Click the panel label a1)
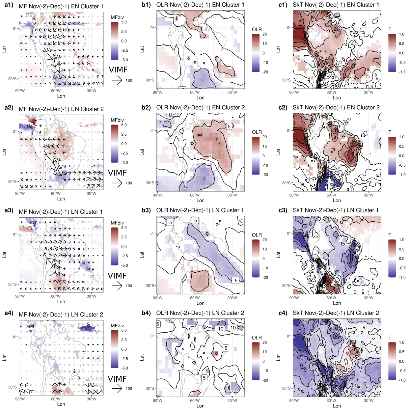(x=9, y=5)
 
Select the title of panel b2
(x=200, y=107)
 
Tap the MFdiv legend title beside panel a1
(x=117, y=17)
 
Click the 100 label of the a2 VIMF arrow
(x=129, y=183)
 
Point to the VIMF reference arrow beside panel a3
(x=117, y=286)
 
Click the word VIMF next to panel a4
(x=117, y=379)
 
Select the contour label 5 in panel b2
(x=229, y=126)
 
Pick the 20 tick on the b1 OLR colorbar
(x=264, y=34)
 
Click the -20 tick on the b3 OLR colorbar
(x=265, y=278)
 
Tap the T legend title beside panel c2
(x=390, y=132)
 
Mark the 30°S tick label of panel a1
(x=12, y=79)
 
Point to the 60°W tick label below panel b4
(x=195, y=401)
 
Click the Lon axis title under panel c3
(x=337, y=303)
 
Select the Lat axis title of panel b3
(x=142, y=255)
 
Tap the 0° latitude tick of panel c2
(x=288, y=131)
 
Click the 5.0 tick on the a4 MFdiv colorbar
(x=124, y=330)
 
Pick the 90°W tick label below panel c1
(x=294, y=93)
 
